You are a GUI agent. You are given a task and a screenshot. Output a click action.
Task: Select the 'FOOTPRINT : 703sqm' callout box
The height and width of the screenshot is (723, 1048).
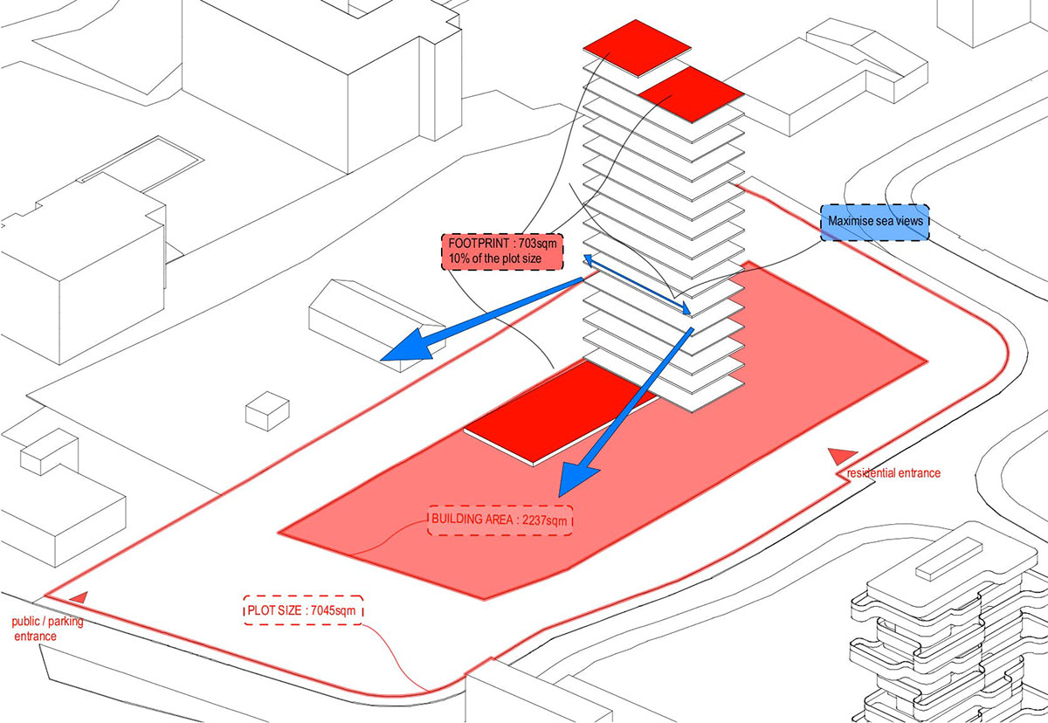[x=502, y=251]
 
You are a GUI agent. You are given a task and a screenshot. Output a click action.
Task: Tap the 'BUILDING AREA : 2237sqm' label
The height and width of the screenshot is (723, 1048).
[x=500, y=520]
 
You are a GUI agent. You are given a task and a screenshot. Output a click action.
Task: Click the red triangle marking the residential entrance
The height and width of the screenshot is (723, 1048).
[x=838, y=455]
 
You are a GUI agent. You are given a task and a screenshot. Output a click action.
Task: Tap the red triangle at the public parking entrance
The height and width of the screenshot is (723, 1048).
[x=78, y=597]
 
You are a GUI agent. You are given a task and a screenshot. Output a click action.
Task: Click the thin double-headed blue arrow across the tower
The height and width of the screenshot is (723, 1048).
[x=638, y=285]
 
